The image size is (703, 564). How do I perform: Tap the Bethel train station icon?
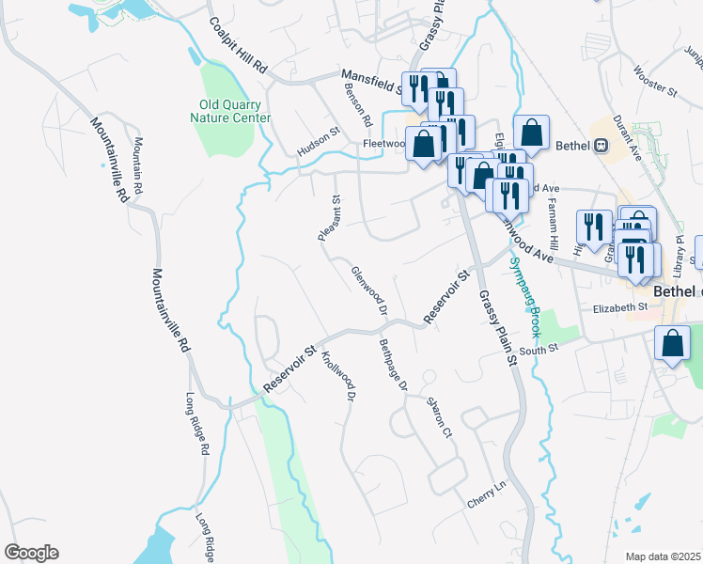[x=601, y=146]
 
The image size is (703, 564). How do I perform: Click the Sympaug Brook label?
[x=525, y=296]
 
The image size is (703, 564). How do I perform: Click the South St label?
[x=539, y=350]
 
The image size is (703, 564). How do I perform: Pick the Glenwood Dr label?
[x=369, y=289]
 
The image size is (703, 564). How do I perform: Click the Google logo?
[x=31, y=553]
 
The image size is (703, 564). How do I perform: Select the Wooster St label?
[x=656, y=81]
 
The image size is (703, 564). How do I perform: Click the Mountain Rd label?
[x=137, y=166]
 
